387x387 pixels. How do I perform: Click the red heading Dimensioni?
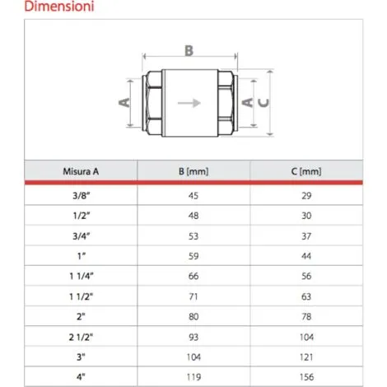(59, 7)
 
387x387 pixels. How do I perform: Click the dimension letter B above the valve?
(189, 51)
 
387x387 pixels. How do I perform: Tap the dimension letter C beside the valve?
(263, 103)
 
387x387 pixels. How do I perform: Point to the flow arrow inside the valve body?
(189, 103)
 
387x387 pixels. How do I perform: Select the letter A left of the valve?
(124, 102)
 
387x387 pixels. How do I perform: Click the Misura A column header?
(81, 171)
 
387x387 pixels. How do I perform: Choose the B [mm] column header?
(193, 171)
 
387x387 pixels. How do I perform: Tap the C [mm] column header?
(306, 171)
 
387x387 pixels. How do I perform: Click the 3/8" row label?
(82, 196)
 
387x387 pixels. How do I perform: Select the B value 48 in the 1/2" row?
(193, 216)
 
